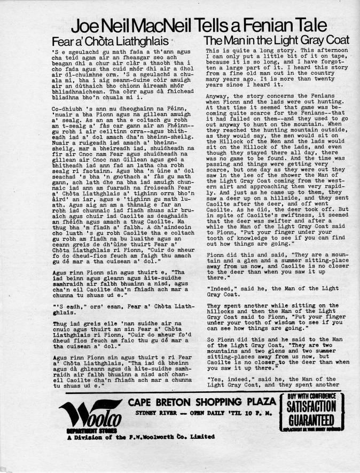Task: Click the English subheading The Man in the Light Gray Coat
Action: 277,41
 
